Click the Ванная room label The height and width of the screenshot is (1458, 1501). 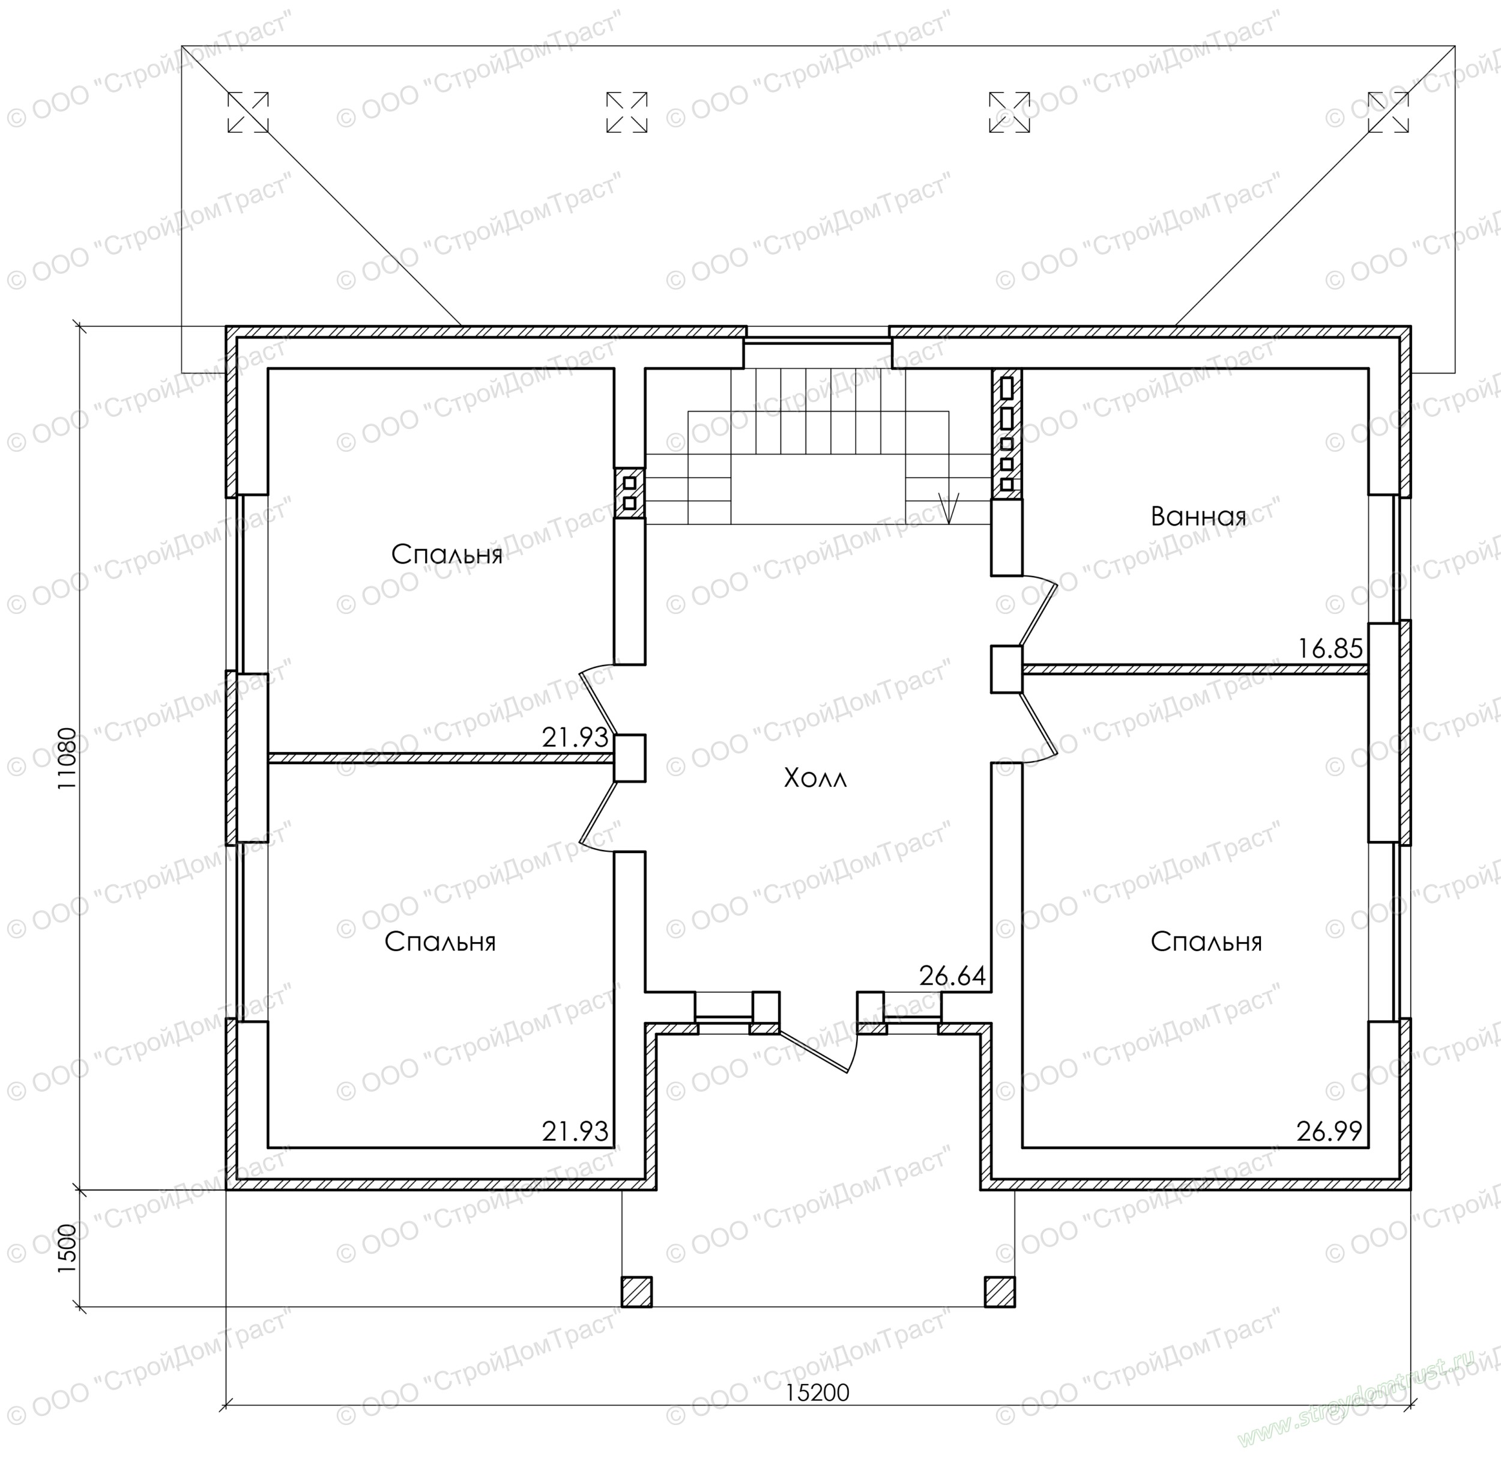click(x=1198, y=517)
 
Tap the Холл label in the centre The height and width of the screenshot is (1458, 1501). click(x=815, y=779)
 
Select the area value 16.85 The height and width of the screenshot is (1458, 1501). click(x=1330, y=649)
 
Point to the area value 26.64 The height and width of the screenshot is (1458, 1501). click(x=953, y=976)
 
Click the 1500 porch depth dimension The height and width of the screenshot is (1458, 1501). click(x=67, y=1249)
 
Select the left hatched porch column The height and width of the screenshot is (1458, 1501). click(x=636, y=1291)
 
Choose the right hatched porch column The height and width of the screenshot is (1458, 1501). click(x=1000, y=1291)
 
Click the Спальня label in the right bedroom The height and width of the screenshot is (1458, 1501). click(x=1206, y=941)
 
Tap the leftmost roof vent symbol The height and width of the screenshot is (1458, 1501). click(x=248, y=112)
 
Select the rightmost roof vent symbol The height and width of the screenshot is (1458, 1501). click(x=1388, y=112)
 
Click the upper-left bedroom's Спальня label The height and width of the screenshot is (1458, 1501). click(x=447, y=554)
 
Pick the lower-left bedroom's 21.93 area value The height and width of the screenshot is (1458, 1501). click(x=575, y=1131)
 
